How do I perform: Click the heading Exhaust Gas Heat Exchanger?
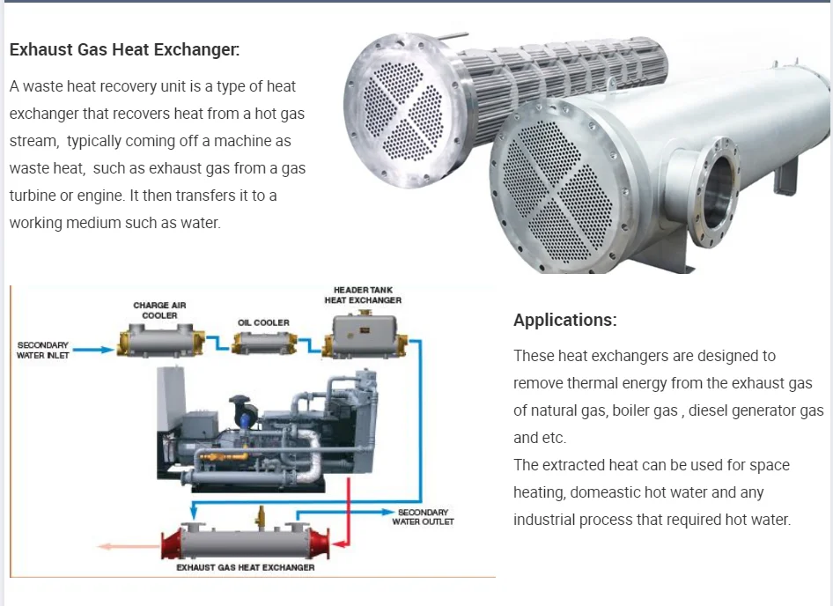[x=124, y=49]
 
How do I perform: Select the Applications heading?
[x=565, y=320]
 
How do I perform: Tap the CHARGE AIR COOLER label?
[x=159, y=310]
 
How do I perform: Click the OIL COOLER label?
[x=263, y=322]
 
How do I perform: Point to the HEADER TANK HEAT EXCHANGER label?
[x=363, y=295]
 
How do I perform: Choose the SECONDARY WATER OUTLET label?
[x=424, y=517]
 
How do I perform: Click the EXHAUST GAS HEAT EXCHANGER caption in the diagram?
[x=246, y=568]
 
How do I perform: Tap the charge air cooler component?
[x=159, y=339]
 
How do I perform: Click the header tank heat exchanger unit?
[x=364, y=336]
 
